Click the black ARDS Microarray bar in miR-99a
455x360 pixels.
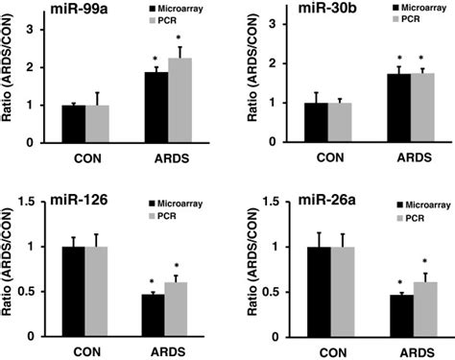point(155,107)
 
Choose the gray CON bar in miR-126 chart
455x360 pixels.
point(99,289)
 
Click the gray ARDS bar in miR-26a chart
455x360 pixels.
point(409,307)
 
